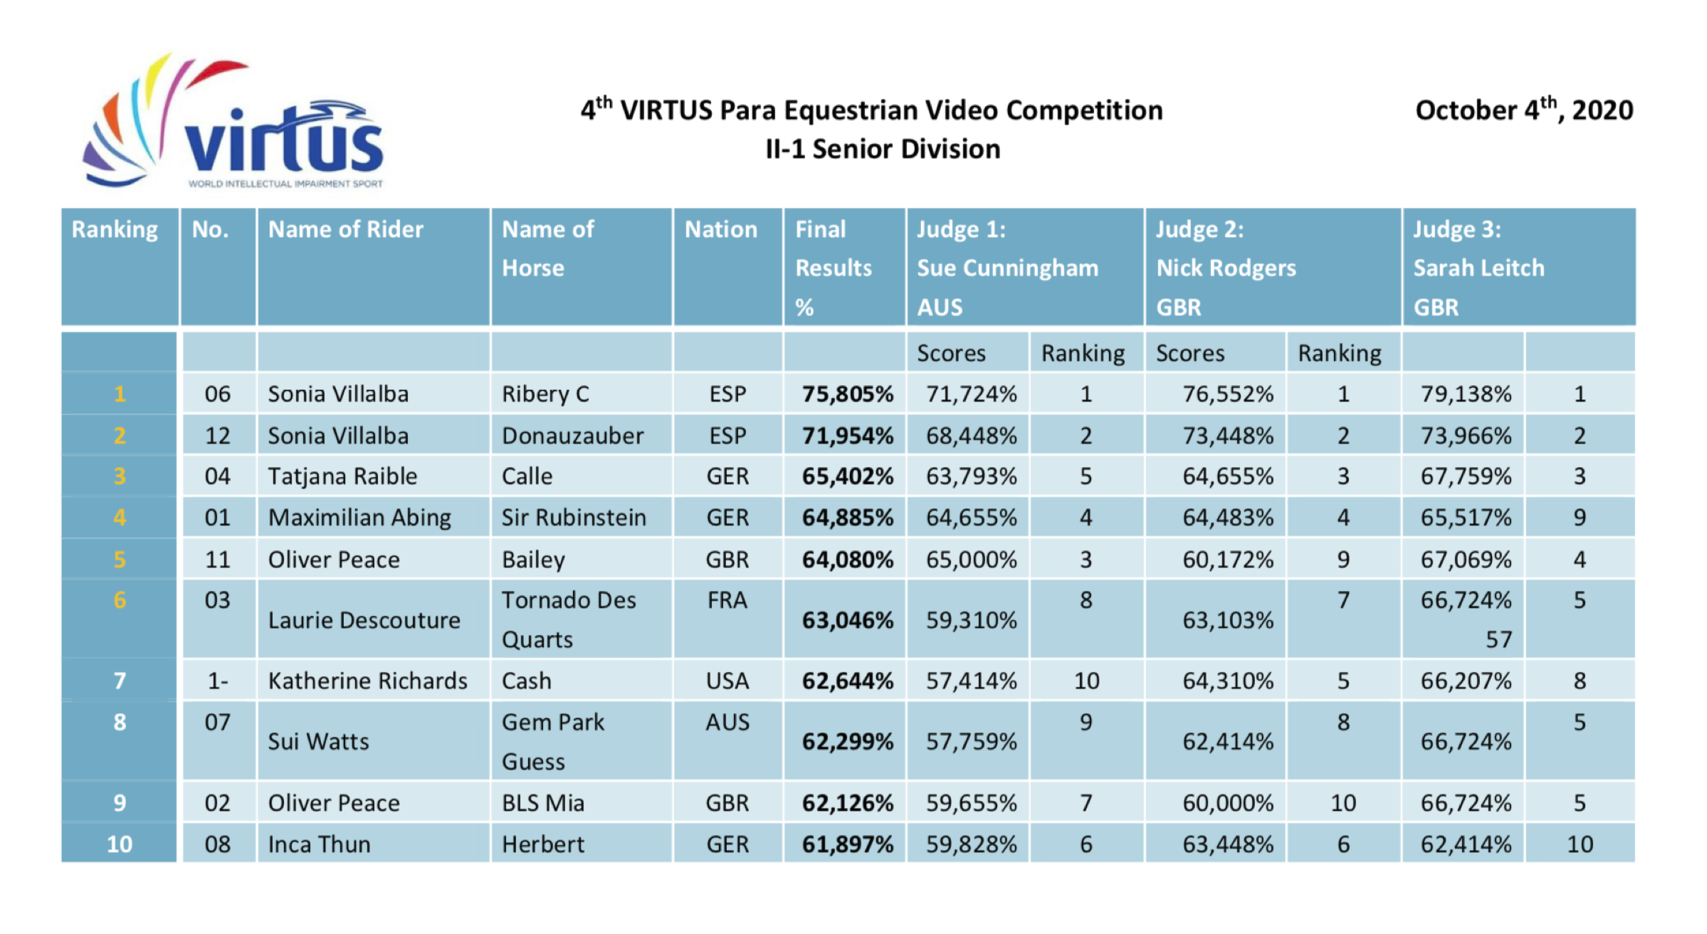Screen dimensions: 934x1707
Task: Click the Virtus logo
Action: tap(235, 125)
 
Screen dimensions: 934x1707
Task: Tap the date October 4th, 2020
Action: tap(1523, 110)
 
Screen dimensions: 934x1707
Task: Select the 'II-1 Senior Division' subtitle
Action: tap(883, 149)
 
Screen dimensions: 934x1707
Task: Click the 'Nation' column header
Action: tap(720, 230)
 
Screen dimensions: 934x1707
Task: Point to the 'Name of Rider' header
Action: tap(345, 230)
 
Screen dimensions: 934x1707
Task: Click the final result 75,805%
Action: tap(847, 394)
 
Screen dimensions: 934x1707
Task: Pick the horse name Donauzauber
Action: tap(572, 436)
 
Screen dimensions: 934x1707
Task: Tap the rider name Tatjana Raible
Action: tap(342, 476)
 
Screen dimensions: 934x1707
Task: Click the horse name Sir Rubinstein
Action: tap(574, 518)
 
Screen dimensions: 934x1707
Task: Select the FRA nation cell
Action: tap(727, 601)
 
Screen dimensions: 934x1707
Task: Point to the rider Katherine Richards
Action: tap(367, 681)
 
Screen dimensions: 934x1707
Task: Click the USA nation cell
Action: tap(727, 681)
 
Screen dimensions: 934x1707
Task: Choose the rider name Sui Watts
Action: tap(318, 742)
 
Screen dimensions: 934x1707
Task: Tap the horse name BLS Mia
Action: tap(542, 803)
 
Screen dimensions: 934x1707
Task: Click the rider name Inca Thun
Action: tap(319, 844)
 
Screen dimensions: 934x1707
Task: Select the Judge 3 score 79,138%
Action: tap(1466, 394)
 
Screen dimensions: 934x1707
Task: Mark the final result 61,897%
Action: tap(847, 844)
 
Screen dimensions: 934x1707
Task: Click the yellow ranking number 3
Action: tap(120, 476)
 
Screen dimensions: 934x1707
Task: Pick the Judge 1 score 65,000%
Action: tap(971, 560)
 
